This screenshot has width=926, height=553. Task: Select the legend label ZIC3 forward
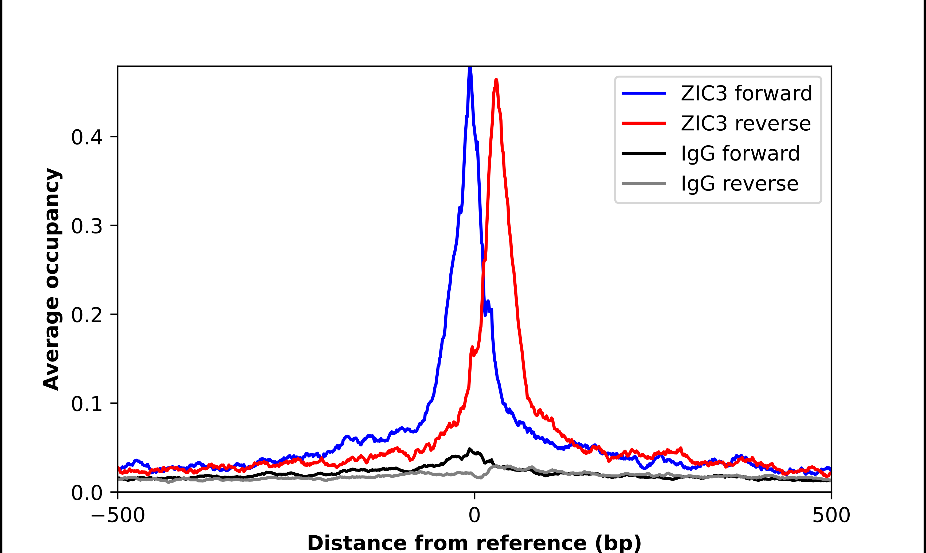tap(746, 93)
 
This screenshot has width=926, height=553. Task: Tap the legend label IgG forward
tap(740, 153)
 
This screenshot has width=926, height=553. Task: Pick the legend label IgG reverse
tap(739, 183)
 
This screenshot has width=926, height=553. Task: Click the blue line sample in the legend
tap(644, 93)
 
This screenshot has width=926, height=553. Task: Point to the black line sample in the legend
tap(644, 153)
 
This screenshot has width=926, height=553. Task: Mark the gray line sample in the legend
tap(644, 183)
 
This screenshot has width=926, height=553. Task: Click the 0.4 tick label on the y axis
tap(87, 137)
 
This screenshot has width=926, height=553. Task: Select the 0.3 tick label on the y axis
tap(87, 226)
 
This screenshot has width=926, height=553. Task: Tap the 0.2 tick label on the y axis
tap(87, 315)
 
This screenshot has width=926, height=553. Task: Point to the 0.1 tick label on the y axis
tap(87, 404)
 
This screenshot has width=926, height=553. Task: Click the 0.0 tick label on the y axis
tap(87, 493)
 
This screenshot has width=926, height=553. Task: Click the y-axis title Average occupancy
tap(51, 279)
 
